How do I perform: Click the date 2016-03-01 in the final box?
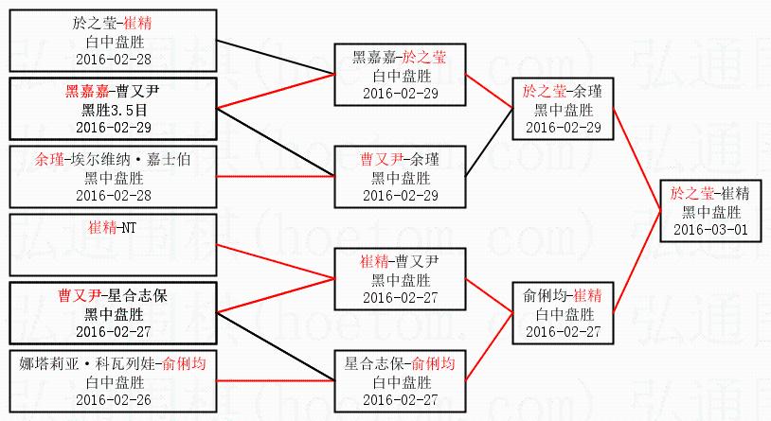pos(710,229)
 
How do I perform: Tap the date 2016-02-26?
pos(113,400)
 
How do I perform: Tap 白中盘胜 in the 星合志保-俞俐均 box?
pos(400,381)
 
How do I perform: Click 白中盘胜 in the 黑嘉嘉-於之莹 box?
pos(400,75)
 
